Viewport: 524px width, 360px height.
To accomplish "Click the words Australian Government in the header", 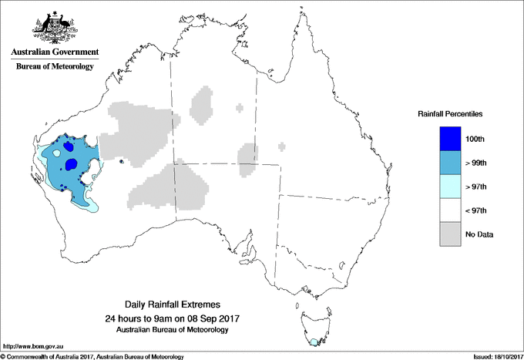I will pos(55,52).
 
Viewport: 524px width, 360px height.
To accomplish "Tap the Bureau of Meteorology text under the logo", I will pos(55,66).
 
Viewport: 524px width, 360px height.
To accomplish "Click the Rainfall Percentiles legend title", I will pos(450,113).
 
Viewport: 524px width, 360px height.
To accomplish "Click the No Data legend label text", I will pos(479,234).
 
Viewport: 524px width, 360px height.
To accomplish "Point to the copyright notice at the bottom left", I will pos(92,356).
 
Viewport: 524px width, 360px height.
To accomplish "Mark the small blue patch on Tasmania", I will pos(313,341).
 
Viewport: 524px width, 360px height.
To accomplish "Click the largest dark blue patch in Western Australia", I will pos(72,163).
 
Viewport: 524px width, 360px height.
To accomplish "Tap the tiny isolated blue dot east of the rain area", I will pos(123,161).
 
